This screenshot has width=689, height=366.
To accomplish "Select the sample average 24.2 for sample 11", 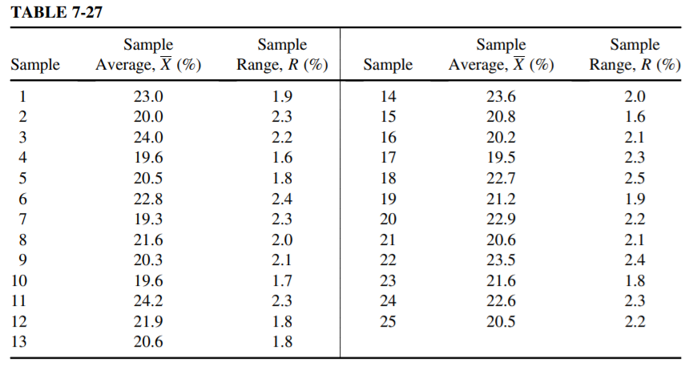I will [148, 301].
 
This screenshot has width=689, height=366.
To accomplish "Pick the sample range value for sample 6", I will [283, 199].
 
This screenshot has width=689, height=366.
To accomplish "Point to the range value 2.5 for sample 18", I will [635, 179].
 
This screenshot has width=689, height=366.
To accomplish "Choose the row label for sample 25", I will [387, 321].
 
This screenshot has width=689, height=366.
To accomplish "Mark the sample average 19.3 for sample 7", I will [148, 219].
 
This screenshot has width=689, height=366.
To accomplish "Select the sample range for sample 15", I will [635, 117].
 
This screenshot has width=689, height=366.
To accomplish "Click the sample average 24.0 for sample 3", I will [148, 138].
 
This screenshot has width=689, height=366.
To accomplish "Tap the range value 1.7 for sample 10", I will [283, 280].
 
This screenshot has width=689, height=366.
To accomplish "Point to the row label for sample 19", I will [387, 199].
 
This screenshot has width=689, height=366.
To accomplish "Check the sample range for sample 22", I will [635, 260].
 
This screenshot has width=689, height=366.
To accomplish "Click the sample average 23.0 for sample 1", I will [148, 97].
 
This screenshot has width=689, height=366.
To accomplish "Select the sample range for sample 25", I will [635, 321].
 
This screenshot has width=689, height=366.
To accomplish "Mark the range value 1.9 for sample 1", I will [283, 97].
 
